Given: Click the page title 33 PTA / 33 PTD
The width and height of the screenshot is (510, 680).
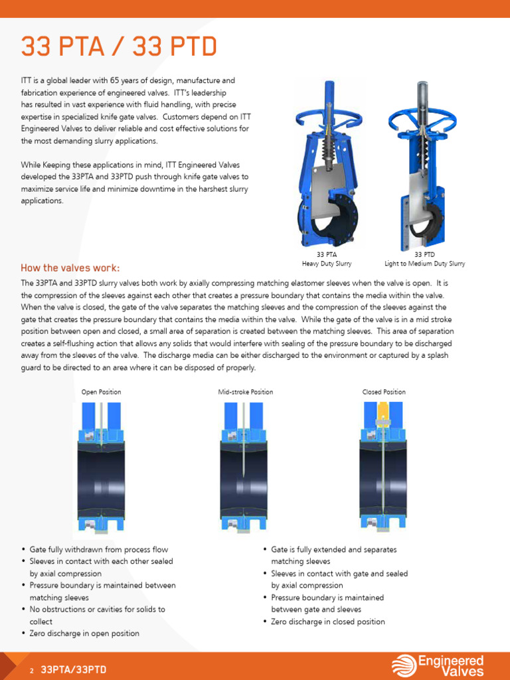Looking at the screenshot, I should point(119,46).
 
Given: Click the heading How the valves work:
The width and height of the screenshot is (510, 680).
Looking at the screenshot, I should point(70,268).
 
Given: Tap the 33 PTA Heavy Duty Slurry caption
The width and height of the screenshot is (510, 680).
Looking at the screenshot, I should point(327,259).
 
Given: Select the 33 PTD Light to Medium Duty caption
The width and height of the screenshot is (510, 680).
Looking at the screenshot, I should point(425,259).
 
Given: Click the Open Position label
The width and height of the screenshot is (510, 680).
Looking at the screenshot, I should point(101,392).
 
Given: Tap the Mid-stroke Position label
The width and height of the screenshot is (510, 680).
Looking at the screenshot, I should point(246,392).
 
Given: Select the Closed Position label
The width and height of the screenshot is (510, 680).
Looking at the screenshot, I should point(384,392).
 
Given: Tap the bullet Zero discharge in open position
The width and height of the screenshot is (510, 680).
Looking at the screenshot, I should point(84,634).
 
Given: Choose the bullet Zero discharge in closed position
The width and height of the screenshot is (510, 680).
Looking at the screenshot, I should point(328,622).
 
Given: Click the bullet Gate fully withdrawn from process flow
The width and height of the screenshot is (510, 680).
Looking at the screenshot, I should point(99,550).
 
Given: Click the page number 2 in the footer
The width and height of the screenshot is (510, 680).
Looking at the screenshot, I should point(31,671).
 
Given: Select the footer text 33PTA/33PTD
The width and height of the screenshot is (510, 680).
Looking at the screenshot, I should point(74,670).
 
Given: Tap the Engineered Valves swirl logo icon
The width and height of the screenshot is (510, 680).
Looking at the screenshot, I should point(404,665).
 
